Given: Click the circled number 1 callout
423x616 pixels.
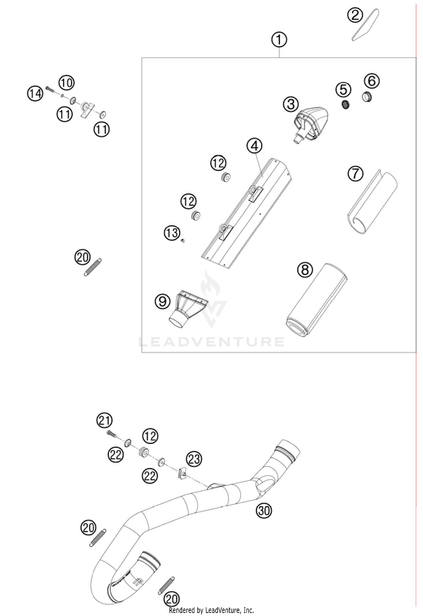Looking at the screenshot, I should tap(279, 40).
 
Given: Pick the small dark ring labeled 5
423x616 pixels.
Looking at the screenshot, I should tap(345, 105).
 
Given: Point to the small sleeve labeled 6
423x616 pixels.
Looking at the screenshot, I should tap(367, 97).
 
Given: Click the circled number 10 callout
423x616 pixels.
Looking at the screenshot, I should tap(66, 83).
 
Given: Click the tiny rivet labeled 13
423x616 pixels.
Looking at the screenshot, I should tap(183, 240).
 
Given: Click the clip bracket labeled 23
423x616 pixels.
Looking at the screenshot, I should tap(182, 473).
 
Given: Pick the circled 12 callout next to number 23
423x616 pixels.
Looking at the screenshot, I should tap(150, 436).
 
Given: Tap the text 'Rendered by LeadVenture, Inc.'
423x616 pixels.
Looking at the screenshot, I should tap(211, 610).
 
